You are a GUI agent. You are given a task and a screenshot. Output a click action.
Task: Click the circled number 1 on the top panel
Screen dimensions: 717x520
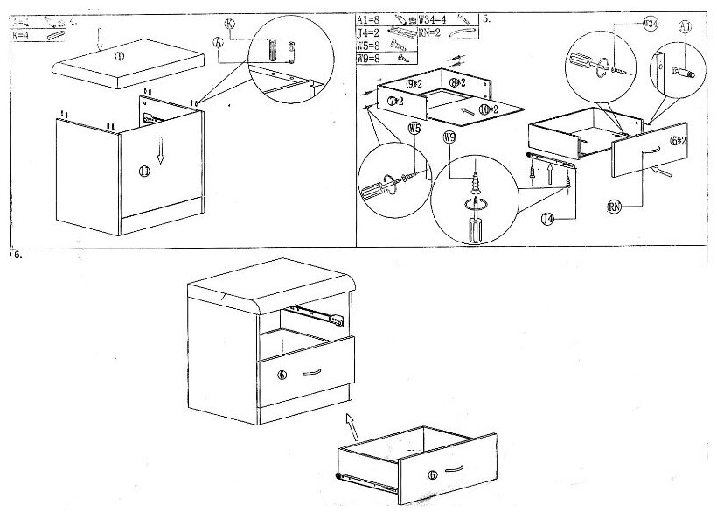(120, 55)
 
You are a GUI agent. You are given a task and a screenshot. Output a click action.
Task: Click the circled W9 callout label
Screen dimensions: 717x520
(449, 137)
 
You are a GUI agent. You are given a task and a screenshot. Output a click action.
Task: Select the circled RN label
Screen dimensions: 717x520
(615, 208)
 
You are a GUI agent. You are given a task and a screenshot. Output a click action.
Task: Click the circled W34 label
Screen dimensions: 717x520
(651, 25)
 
